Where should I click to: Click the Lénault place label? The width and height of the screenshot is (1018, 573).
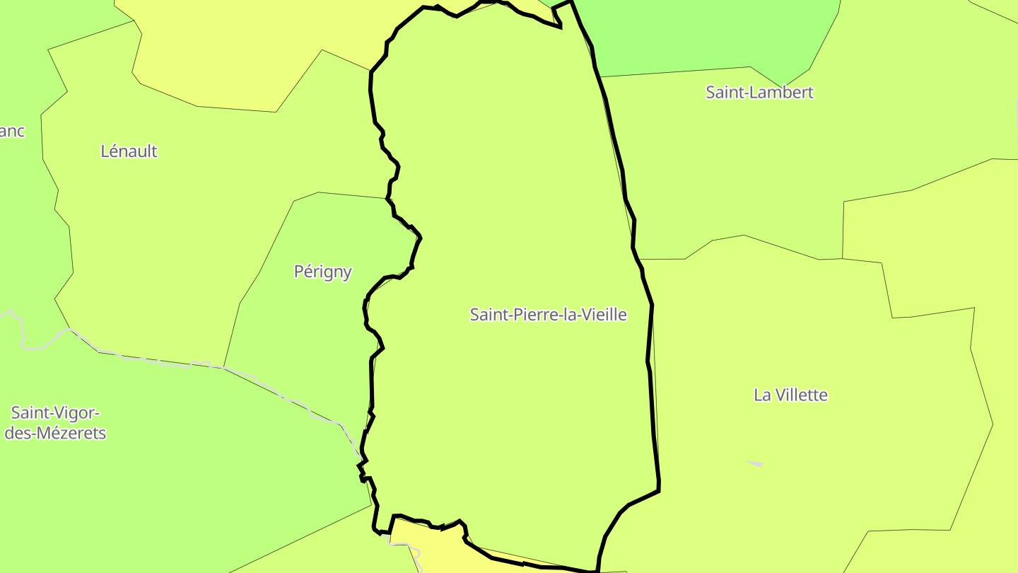129,151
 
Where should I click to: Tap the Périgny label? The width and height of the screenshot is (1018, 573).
322,272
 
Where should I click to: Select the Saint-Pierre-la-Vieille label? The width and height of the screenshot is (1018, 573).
548,314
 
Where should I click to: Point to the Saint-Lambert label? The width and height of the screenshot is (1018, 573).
759,92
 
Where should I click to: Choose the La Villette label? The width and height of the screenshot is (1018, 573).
790,395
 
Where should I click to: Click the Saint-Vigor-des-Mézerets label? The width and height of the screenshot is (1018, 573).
55,422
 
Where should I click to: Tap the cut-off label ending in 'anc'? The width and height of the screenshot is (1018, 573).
12,131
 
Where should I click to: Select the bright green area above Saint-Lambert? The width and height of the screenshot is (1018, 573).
707,35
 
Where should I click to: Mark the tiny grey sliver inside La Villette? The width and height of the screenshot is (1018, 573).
755,463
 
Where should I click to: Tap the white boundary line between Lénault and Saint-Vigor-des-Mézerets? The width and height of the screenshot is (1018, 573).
156,361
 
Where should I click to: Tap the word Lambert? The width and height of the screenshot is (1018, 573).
783,92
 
